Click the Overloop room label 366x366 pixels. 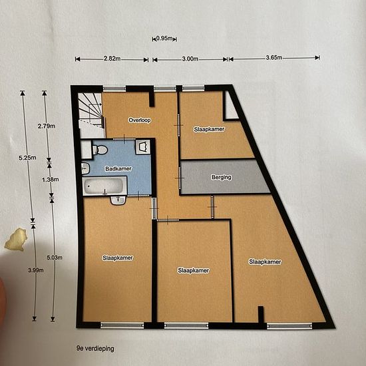click(x=140, y=120)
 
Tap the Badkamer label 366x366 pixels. click(x=118, y=168)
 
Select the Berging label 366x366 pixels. click(x=222, y=177)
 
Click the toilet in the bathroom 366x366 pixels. click(x=100, y=150)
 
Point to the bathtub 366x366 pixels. click(x=104, y=186)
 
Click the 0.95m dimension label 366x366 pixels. click(x=164, y=39)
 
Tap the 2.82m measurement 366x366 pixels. click(x=112, y=59)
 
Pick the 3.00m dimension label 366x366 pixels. click(x=190, y=59)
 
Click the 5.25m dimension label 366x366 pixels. click(x=27, y=158)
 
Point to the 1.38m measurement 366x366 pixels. click(x=51, y=180)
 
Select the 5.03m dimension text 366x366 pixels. click(x=55, y=258)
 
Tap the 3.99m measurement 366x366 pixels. click(x=36, y=270)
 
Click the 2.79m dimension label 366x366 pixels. click(x=47, y=126)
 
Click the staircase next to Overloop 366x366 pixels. click(x=91, y=115)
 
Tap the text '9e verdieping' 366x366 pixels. click(x=95, y=349)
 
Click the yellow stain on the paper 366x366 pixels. click(x=16, y=240)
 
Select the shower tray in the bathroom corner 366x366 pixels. click(x=143, y=147)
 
